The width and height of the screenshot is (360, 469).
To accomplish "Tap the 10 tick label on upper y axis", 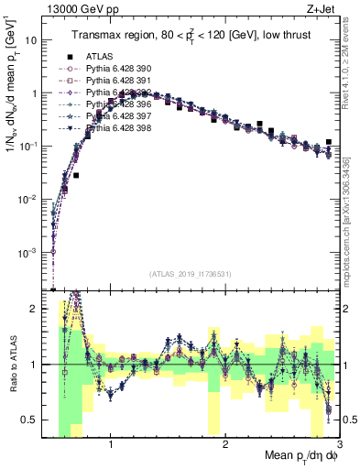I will click(x=32, y=40).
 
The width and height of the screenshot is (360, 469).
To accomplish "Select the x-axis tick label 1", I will click(x=111, y=446).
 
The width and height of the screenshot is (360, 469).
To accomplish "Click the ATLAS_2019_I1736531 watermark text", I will click(x=191, y=274).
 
